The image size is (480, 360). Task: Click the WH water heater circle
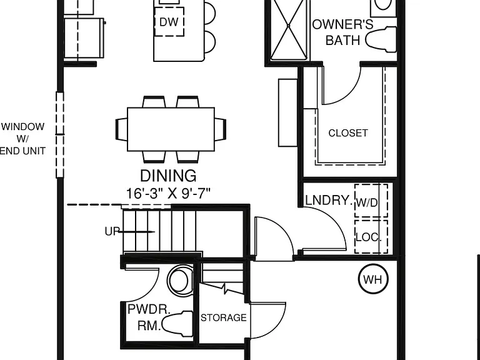(x=373, y=279)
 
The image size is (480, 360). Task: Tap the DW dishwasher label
(x=169, y=22)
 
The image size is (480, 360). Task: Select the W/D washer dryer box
(x=371, y=201)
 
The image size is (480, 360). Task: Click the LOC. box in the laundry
(x=371, y=237)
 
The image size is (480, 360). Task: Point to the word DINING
(x=168, y=176)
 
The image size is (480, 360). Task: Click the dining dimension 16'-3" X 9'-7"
(x=168, y=194)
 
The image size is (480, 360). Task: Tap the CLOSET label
(x=348, y=133)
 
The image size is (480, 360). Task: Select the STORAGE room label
(x=224, y=317)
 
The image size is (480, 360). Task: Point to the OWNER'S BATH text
(x=343, y=32)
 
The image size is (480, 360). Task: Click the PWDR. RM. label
(x=149, y=317)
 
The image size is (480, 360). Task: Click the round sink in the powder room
(x=181, y=281)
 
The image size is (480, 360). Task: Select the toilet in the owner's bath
(x=381, y=39)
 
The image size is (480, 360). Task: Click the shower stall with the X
(x=288, y=29)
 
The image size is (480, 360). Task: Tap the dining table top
(x=171, y=129)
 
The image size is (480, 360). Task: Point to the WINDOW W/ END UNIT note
(x=22, y=139)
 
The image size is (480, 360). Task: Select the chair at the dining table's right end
(x=221, y=129)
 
